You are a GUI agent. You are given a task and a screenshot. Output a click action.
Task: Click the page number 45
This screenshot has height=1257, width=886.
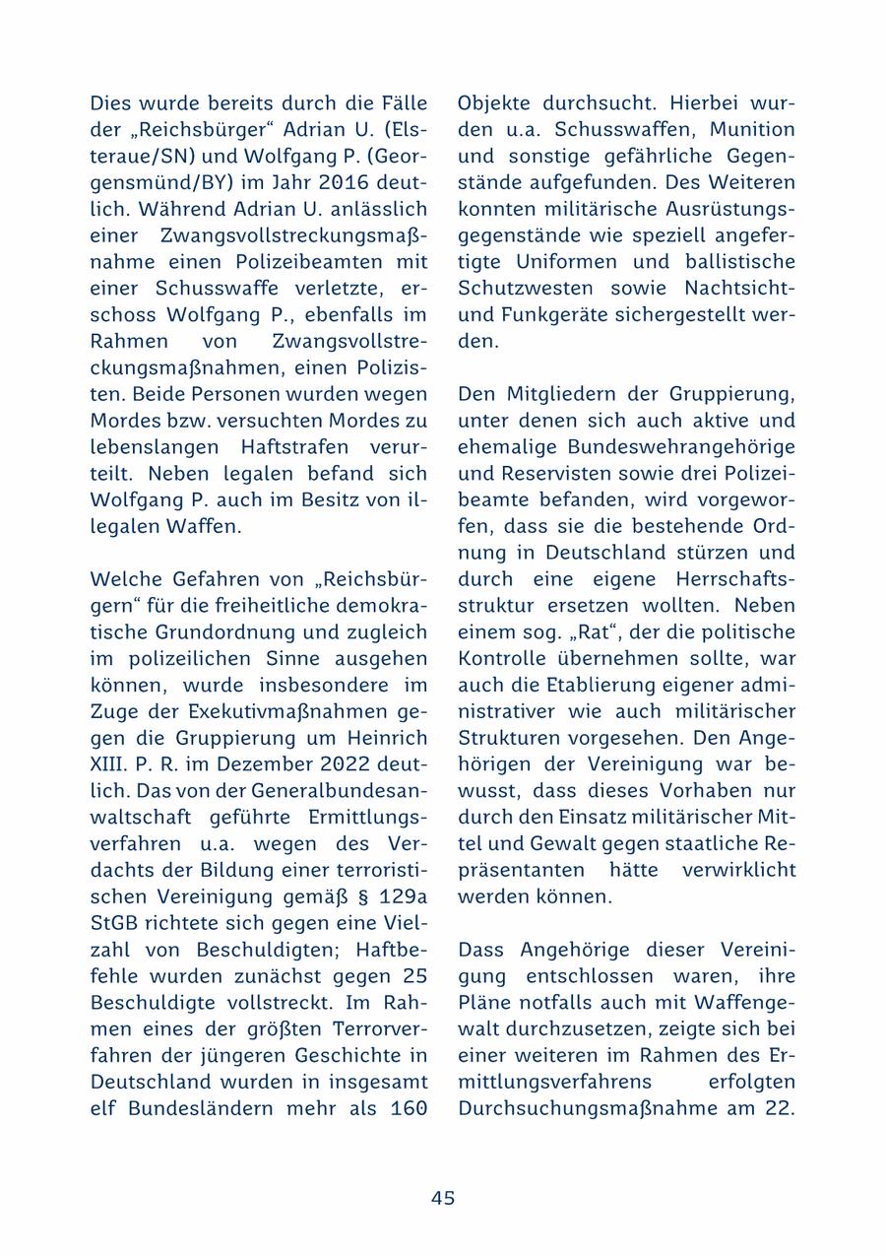point(442,1198)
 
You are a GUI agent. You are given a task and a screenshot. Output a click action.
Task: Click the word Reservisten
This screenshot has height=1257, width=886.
point(548,473)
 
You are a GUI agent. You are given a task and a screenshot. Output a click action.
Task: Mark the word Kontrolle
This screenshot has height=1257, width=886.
point(501,658)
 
